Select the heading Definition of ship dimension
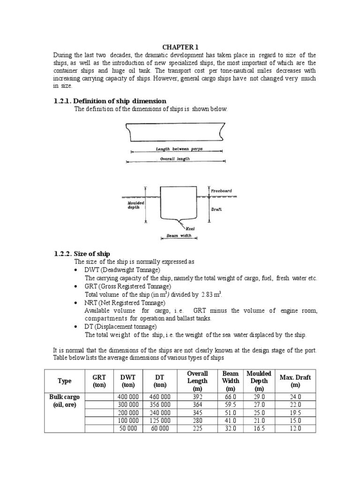coord(110,101)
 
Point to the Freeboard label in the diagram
coord(222,191)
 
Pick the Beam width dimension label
coord(179,236)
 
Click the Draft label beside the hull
coord(216,209)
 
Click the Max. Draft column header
coord(295,381)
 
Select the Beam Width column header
coord(230,381)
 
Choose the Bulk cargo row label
coord(65,401)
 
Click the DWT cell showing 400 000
coord(127,397)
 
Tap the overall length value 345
coord(197,412)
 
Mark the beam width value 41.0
coord(230,420)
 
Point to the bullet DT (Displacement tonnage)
coord(120,326)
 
